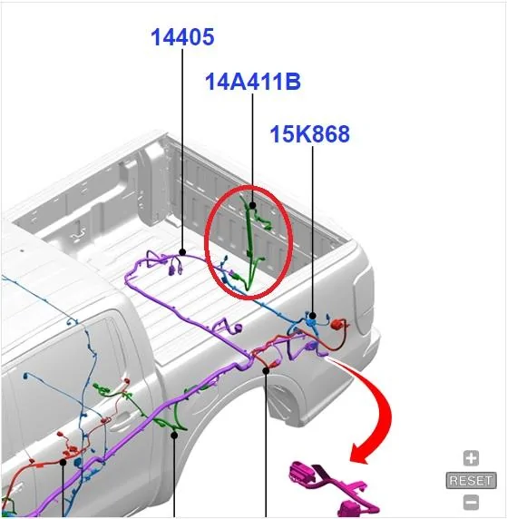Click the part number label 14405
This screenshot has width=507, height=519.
pos(182,36)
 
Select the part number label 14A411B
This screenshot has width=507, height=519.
pos(253,82)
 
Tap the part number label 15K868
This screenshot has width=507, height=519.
pos(310,134)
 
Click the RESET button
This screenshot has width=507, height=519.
pos(471,480)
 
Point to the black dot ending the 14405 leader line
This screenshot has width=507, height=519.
pos(182,252)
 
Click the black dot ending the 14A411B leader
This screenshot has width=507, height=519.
pos(252,205)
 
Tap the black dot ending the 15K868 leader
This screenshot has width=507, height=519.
pos(312,316)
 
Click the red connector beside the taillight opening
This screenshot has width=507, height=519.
pos(336,324)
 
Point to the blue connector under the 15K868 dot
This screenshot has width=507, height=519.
pos(311,322)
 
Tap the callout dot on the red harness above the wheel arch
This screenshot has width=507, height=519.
pos(266,371)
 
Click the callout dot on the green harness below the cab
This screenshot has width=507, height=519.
pos(174,435)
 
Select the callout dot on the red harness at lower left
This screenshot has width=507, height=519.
pos(63,462)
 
